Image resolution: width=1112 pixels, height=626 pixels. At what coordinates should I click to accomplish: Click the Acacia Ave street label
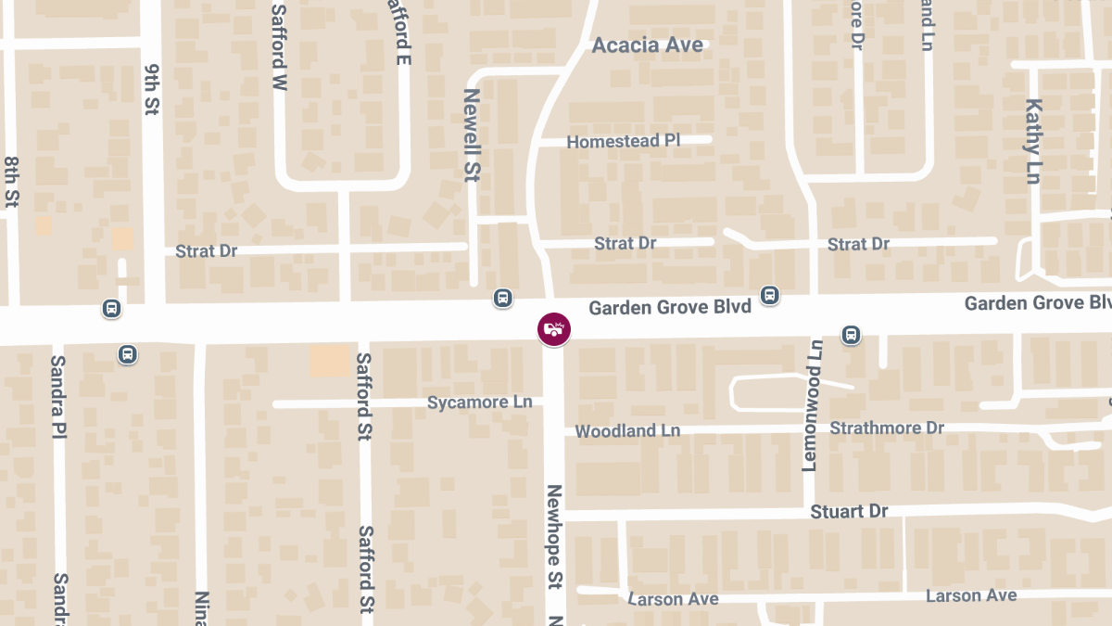point(648,45)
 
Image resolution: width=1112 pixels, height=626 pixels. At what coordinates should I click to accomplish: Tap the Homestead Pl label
point(624,141)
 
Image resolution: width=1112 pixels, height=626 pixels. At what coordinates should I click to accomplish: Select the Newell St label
point(472,134)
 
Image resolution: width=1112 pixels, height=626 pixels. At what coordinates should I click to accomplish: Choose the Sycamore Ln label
point(480,402)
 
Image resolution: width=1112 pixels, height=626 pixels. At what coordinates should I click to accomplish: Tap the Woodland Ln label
point(627,431)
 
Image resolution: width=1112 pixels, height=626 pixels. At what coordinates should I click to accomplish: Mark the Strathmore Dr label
point(887,428)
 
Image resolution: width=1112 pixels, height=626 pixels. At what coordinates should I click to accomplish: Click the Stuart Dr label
point(849,512)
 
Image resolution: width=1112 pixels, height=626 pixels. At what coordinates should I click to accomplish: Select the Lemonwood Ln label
point(813,405)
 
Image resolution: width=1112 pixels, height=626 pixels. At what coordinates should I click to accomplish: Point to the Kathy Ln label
point(1034,141)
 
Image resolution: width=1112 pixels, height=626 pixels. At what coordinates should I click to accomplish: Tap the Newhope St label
point(554,537)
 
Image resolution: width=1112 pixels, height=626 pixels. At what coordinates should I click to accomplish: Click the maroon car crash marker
point(554,328)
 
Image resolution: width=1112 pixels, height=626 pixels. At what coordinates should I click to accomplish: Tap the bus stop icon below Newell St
point(502,298)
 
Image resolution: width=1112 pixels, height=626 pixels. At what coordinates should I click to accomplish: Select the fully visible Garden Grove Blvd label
point(670,306)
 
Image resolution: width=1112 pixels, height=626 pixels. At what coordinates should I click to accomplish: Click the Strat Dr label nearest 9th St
point(207,251)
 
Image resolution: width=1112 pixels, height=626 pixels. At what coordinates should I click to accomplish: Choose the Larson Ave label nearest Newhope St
point(673,599)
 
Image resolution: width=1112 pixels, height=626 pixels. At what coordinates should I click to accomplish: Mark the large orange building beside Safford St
point(329,360)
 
